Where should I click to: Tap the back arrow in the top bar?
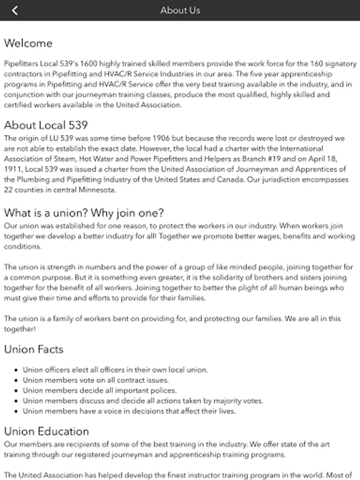click(x=14, y=10)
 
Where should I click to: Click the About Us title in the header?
click(x=180, y=10)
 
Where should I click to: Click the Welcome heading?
click(x=28, y=43)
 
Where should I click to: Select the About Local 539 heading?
click(x=46, y=125)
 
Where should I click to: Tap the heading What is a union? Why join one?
click(x=84, y=213)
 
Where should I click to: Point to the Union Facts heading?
click(x=34, y=349)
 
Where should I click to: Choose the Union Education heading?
click(x=46, y=431)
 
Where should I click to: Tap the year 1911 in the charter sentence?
click(x=13, y=170)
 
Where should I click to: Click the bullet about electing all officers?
click(x=115, y=370)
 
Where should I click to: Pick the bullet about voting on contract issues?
click(x=95, y=380)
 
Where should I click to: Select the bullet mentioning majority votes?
click(x=143, y=401)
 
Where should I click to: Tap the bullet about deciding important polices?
click(x=99, y=390)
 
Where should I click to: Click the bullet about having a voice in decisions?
click(x=129, y=411)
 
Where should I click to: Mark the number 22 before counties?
click(x=9, y=190)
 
